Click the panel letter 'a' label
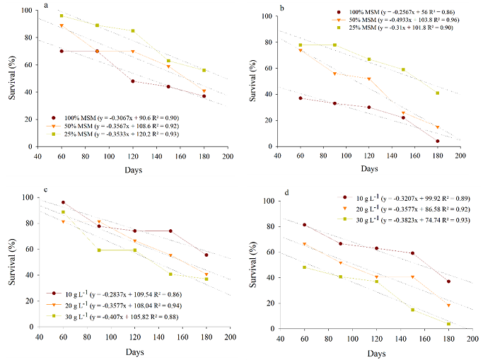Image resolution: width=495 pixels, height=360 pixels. coord(46,6)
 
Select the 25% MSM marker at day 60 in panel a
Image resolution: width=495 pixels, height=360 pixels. coord(62,16)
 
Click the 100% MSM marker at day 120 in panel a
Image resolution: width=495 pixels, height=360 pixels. coord(132,81)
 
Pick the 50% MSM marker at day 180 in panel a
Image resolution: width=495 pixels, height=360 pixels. coord(204,91)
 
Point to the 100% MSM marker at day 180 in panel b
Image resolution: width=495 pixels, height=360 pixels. coord(438,141)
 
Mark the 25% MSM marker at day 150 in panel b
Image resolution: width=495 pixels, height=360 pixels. coord(403,69)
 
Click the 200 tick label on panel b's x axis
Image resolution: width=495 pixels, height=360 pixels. coord(460,156)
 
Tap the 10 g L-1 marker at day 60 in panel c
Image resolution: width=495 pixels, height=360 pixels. coord(63,202)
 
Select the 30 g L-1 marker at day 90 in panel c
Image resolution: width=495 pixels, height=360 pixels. coord(99,250)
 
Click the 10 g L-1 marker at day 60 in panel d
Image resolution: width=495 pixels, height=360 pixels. coord(304,225)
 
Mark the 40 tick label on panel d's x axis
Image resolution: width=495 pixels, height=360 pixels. coord(281,338)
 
